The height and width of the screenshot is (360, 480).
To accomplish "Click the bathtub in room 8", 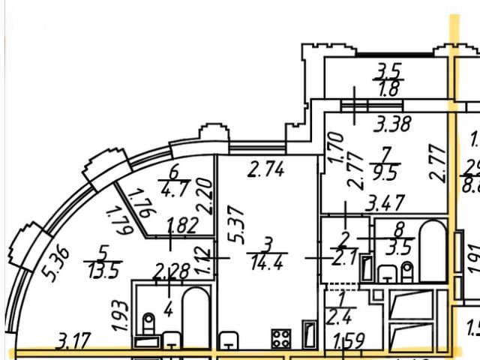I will [x=433, y=252].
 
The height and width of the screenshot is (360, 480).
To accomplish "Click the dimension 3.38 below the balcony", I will [x=392, y=125].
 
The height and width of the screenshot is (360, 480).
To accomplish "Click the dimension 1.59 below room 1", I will [x=348, y=343].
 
